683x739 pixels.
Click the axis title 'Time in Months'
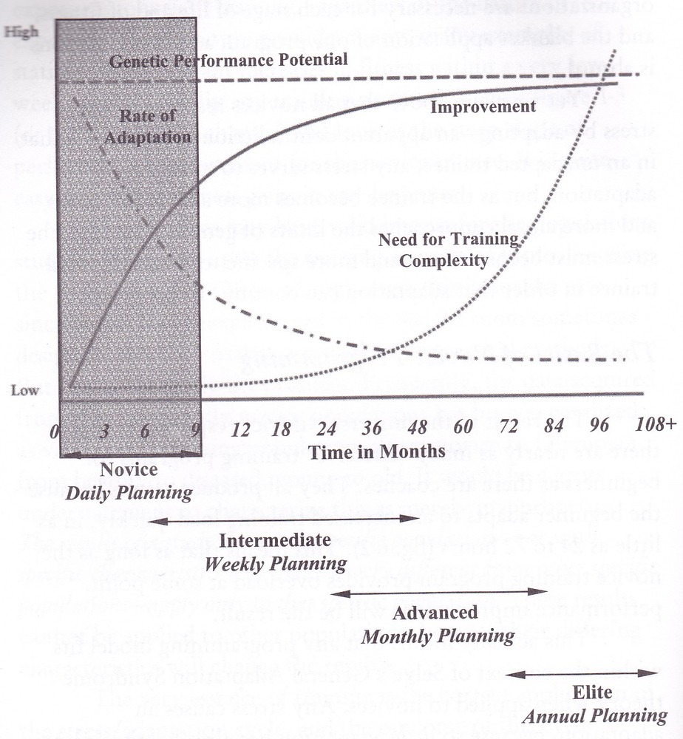(378, 451)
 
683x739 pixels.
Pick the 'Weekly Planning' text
(275, 564)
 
